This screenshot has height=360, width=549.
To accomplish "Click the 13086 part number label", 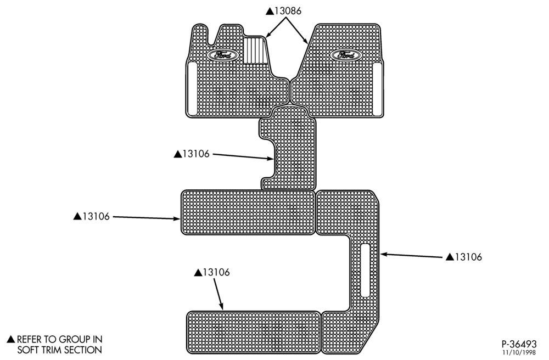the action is (x=288, y=11).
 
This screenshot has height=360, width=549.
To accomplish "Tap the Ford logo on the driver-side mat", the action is (x=221, y=55).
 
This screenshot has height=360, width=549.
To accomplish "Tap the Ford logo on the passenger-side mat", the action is (x=345, y=55).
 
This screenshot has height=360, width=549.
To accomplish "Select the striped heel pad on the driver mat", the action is (x=255, y=50).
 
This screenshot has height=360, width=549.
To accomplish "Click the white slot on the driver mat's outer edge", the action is (x=193, y=88).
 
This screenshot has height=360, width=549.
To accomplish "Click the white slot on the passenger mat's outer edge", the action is (x=378, y=89).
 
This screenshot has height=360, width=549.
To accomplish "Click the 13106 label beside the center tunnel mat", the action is (x=196, y=154).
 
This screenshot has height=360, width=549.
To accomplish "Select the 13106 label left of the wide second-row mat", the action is (x=96, y=217).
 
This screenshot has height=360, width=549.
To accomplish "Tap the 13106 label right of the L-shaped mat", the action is (x=468, y=257).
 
